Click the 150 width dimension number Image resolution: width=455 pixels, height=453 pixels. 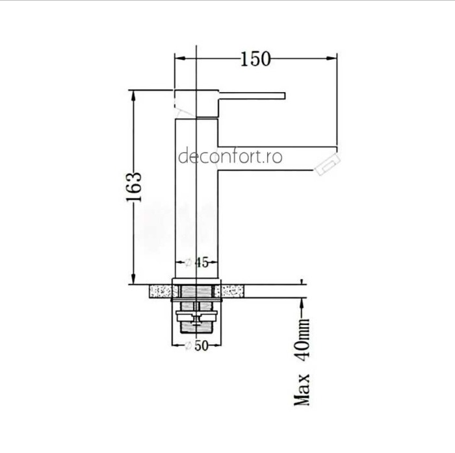pos(255,59)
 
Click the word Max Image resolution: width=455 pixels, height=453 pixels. pos(302,390)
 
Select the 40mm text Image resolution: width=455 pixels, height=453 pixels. pos(303,344)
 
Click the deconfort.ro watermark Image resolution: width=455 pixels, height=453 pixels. pos(229,157)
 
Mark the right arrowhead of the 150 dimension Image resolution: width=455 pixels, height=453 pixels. pos(334,59)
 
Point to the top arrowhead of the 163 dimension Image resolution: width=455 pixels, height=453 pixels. pos(133,93)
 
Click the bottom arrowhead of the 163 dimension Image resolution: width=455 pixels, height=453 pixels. pos(133,280)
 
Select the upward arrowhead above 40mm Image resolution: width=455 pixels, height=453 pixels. pos(302,302)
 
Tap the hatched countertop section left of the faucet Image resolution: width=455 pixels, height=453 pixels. pos(161,291)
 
